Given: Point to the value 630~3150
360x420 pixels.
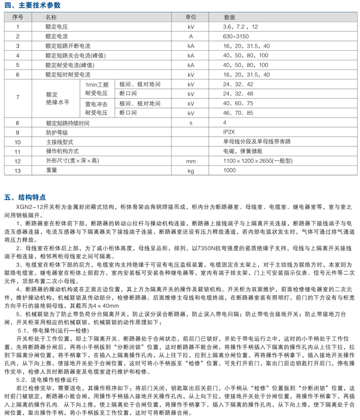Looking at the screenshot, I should (236, 36).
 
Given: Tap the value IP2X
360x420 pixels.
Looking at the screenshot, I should (230, 132).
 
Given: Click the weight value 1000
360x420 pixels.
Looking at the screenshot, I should (230, 171).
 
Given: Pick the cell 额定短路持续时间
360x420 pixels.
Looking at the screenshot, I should (68, 122).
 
